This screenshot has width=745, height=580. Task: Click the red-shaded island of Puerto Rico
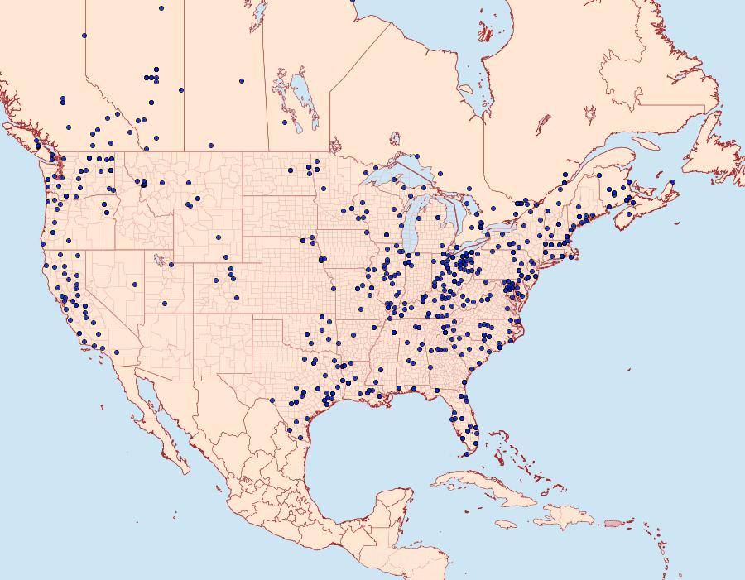click(613, 523)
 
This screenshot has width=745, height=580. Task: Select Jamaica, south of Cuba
click(507, 525)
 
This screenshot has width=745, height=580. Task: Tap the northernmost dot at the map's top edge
click(161, 8)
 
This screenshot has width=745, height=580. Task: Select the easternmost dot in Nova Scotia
click(673, 182)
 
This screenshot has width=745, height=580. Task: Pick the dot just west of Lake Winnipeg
click(284, 122)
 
